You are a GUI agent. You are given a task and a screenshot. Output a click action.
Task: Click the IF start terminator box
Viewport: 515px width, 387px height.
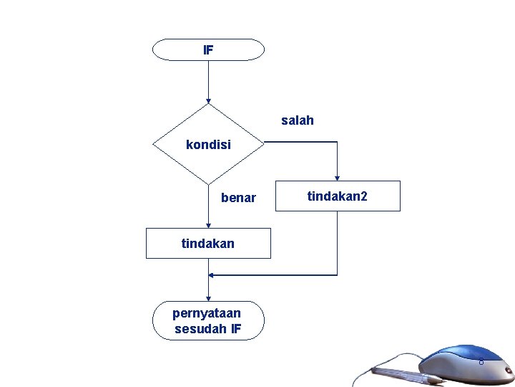(208, 50)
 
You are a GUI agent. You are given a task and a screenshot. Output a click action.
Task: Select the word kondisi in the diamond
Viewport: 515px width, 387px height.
(208, 145)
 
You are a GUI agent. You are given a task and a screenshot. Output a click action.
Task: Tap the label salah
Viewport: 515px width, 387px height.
(297, 120)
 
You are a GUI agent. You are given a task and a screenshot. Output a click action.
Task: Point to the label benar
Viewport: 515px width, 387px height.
(238, 198)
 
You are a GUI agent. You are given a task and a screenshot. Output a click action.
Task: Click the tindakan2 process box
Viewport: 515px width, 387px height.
(337, 196)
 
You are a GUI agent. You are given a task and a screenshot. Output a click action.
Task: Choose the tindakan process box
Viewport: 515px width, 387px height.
(208, 244)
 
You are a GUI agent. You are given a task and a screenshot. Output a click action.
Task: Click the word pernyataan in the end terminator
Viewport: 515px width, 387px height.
(207, 312)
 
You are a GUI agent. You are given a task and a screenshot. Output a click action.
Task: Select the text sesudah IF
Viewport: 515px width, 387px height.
(207, 330)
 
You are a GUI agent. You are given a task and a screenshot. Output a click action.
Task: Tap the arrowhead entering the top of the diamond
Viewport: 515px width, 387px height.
(208, 101)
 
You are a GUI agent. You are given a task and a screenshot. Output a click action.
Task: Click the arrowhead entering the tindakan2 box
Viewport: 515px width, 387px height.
(337, 178)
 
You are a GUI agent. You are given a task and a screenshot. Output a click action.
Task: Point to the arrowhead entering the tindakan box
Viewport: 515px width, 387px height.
(208, 225)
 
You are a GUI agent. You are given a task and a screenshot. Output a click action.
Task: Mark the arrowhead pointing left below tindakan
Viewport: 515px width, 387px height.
(212, 274)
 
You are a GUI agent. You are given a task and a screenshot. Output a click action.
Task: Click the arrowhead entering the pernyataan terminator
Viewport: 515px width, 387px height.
(208, 298)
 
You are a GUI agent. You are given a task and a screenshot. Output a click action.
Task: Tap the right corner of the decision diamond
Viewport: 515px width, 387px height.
(263, 143)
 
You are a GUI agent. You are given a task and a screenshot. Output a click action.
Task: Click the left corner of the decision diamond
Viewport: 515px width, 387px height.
(154, 143)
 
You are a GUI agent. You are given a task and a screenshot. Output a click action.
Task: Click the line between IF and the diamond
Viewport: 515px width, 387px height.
(208, 79)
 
